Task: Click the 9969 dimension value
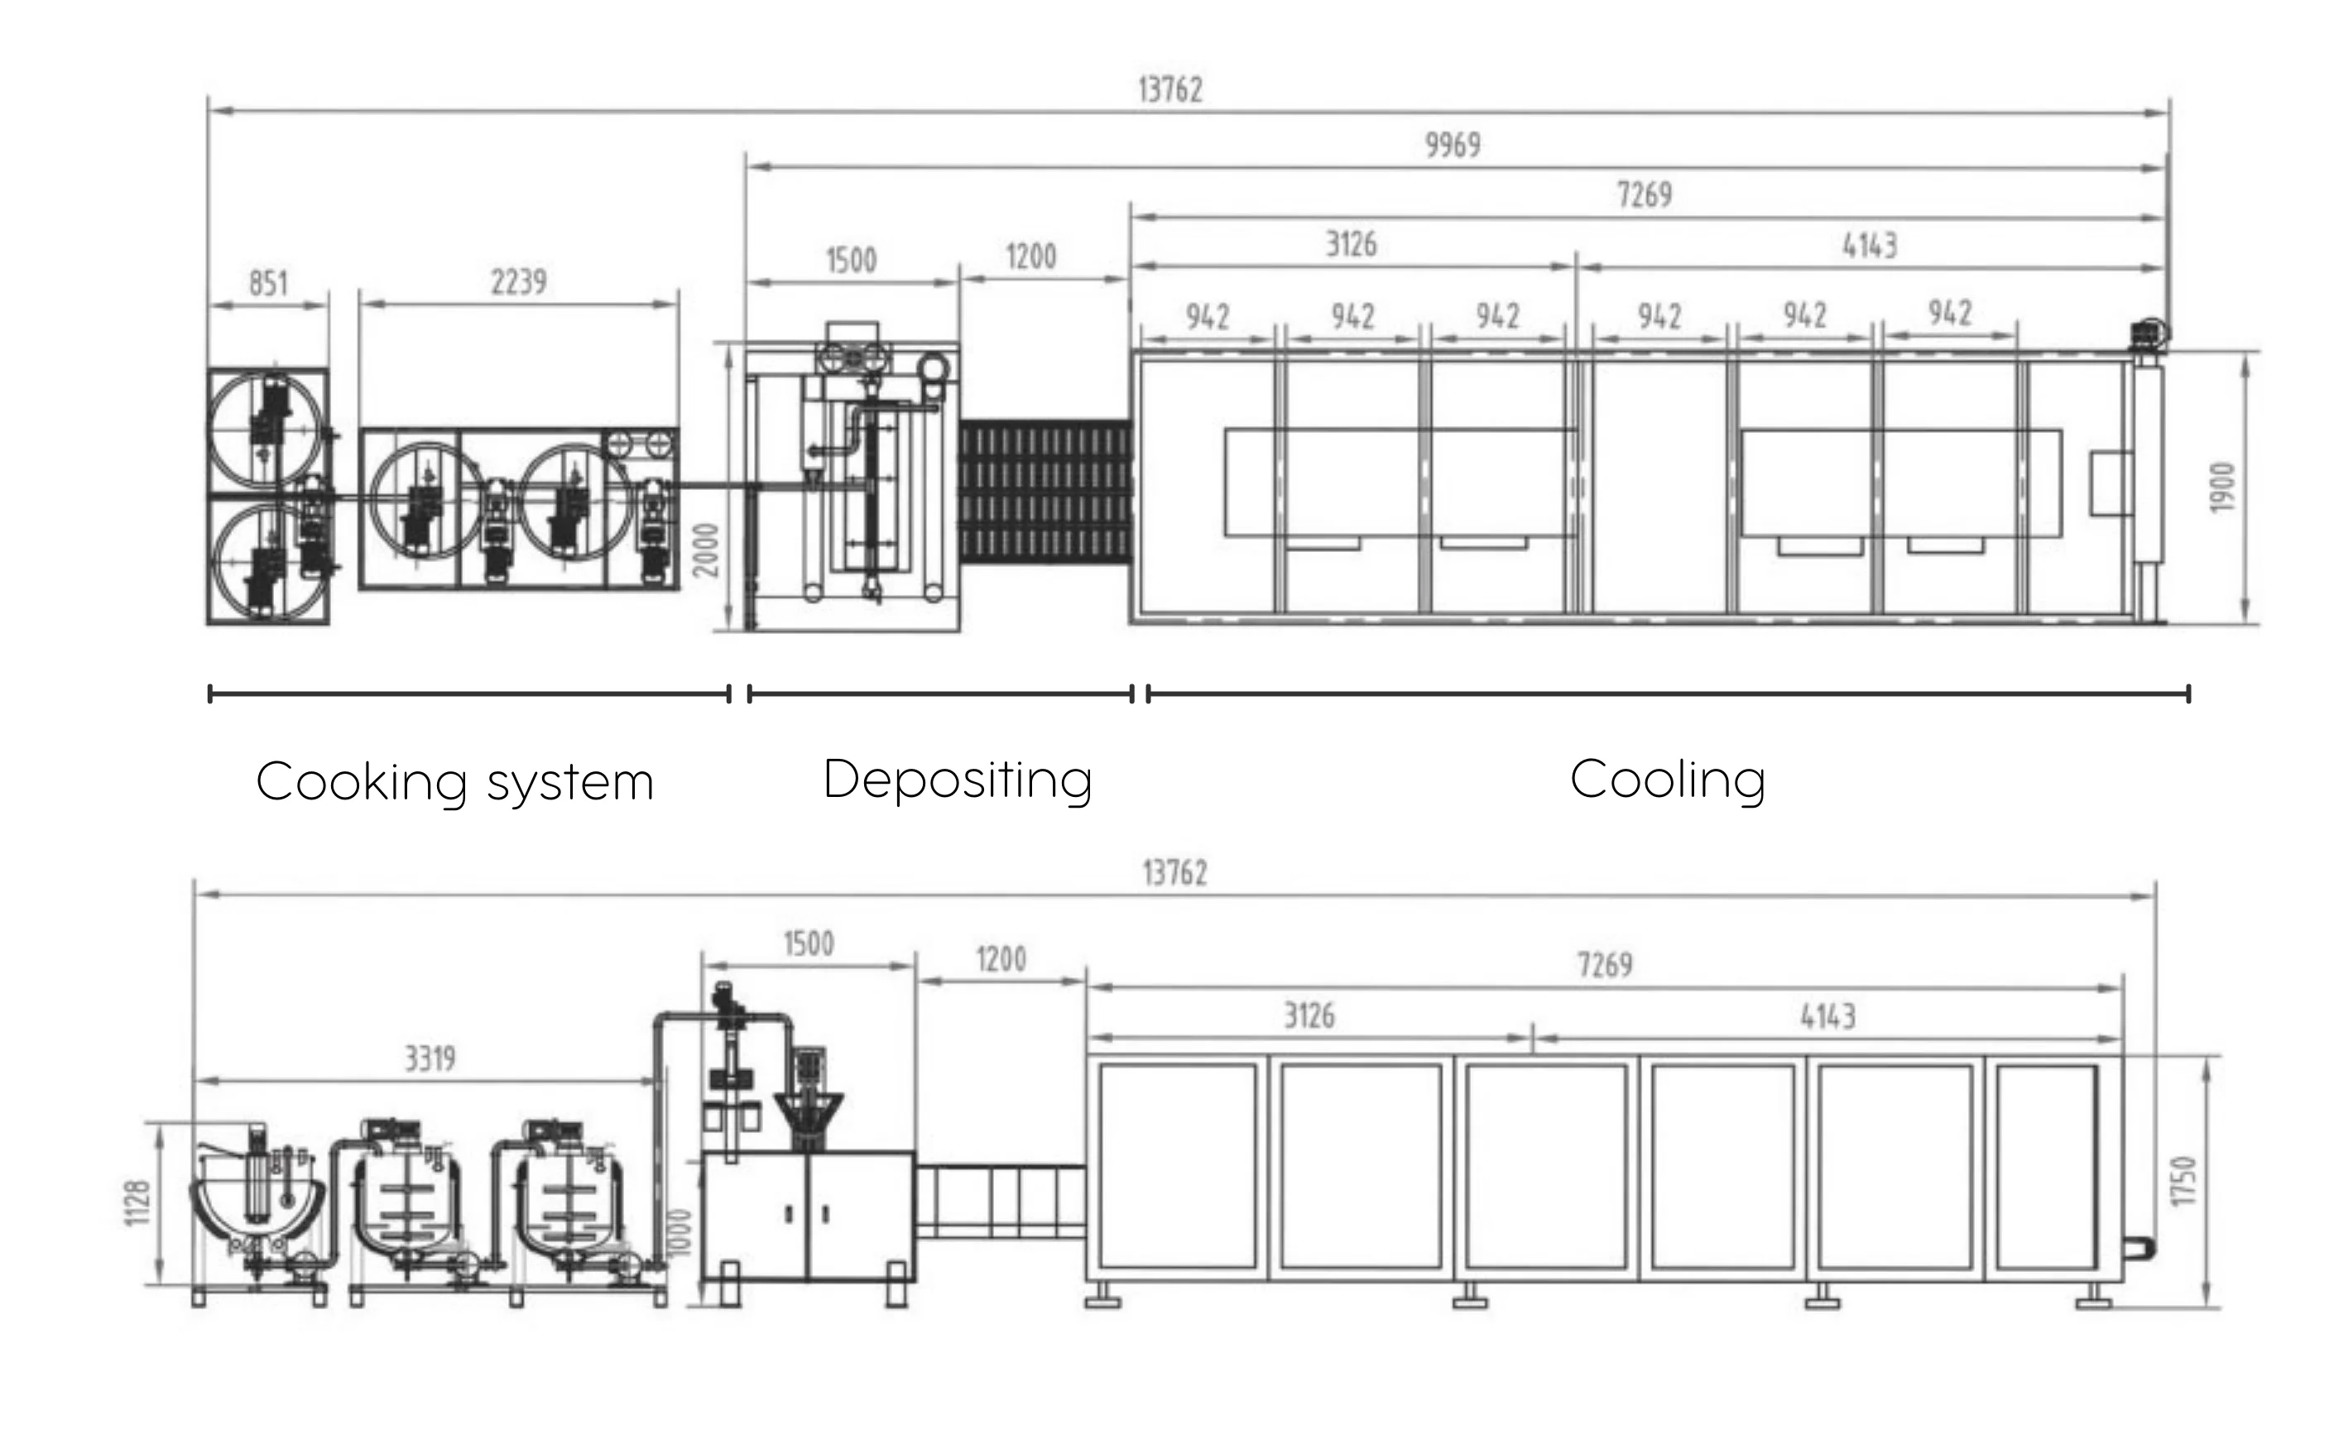tap(1453, 145)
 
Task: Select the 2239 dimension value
tap(518, 282)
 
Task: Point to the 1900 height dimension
tap(2223, 487)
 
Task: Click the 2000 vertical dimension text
tap(706, 550)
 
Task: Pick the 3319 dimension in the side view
tap(430, 1058)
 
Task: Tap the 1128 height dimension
tap(137, 1202)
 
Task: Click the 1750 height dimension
tap(2184, 1182)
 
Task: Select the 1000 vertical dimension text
tap(680, 1233)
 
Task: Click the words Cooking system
tap(454, 782)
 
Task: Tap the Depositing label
tap(958, 780)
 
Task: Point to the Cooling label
tap(1667, 780)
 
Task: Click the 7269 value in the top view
tap(1645, 195)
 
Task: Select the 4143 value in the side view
tap(1827, 1017)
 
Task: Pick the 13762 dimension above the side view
tap(1174, 873)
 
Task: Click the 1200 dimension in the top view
tap(1030, 257)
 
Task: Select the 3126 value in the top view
tap(1351, 245)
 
